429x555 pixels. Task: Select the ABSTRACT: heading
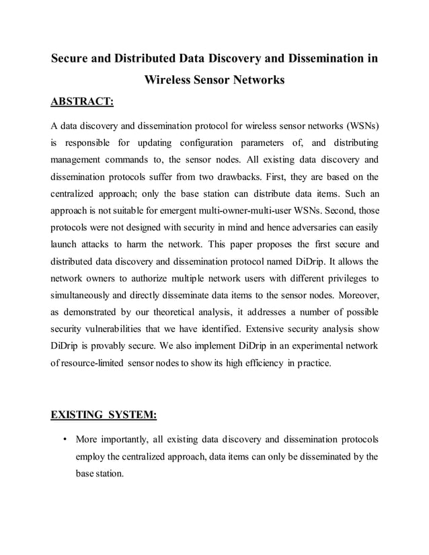(x=83, y=102)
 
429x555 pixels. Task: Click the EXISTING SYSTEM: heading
(x=104, y=415)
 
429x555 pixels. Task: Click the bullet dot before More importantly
(x=63, y=440)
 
